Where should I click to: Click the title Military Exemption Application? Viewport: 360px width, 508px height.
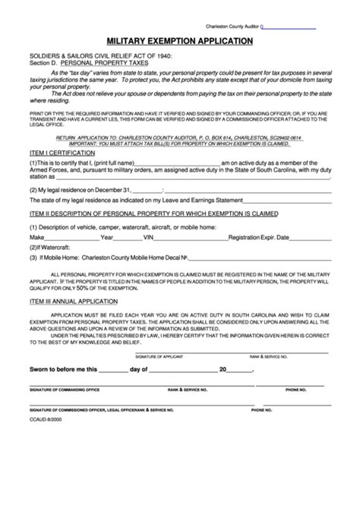179,40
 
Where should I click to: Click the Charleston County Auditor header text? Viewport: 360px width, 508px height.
232,26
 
